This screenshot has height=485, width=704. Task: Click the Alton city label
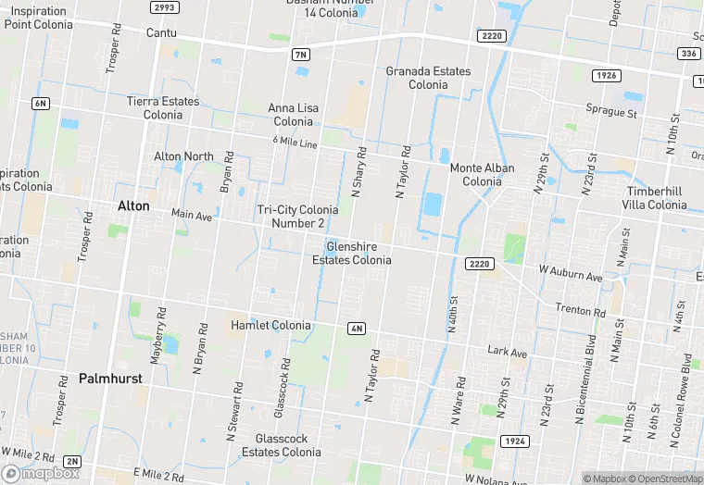pos(132,205)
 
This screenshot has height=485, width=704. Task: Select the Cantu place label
pos(161,32)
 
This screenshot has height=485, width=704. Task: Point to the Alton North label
pos(183,156)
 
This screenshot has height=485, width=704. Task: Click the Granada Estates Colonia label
pos(428,78)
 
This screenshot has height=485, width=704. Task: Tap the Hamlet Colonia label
pos(270,325)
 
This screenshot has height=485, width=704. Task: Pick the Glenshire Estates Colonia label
pos(351,254)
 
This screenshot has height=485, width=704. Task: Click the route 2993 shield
pos(164,7)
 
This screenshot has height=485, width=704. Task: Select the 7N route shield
pos(299,55)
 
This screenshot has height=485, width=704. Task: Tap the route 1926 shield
pos(607,75)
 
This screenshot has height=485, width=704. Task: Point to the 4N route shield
pos(357,329)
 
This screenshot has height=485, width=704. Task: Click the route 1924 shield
pos(514,441)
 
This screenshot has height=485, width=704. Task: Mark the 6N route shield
pos(40,103)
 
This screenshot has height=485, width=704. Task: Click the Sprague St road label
pos(614,114)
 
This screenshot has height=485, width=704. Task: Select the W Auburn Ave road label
pos(571,275)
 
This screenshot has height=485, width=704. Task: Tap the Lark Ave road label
pos(508,352)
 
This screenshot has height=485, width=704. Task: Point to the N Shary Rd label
pos(359,171)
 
